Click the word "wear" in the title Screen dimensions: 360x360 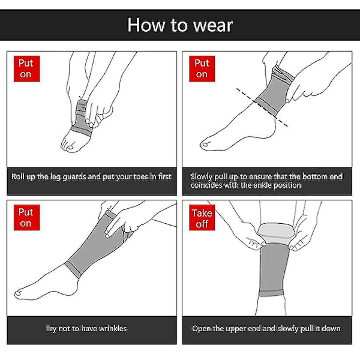(213, 25)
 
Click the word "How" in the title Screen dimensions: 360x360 (146, 25)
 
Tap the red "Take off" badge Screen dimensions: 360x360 (202, 218)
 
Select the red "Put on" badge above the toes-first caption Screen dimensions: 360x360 (26, 68)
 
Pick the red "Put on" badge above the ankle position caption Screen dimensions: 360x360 (202, 68)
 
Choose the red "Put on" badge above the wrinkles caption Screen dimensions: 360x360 (26, 218)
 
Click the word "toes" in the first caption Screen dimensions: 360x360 (141, 176)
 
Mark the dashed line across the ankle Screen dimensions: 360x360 (262, 107)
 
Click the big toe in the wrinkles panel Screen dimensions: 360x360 (18, 293)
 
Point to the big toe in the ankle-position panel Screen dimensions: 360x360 (205, 144)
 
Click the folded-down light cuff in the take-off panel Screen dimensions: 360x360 (276, 233)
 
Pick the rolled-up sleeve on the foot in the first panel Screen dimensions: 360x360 (82, 118)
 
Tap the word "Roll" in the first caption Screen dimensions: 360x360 (17, 176)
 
